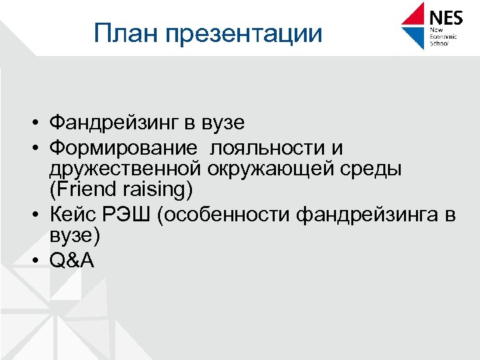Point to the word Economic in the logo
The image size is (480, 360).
[443, 38]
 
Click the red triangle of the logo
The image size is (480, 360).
[415, 15]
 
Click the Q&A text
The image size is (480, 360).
[72, 260]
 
